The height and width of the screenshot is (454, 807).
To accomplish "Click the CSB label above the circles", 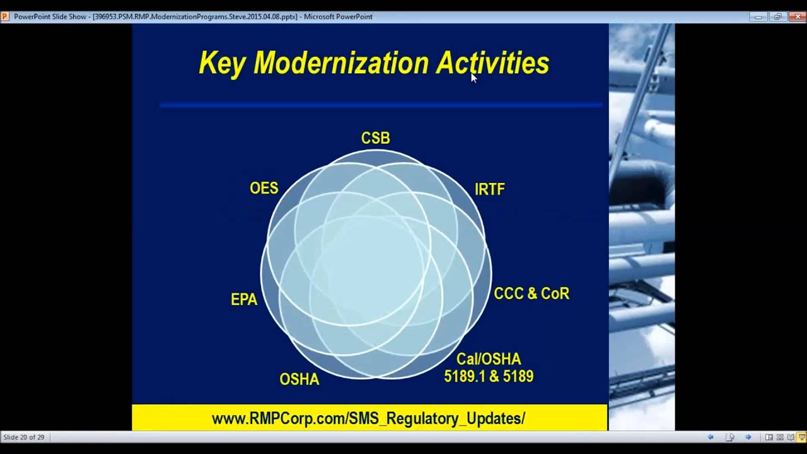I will (375, 138).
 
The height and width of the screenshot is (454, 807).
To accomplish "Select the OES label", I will (264, 189).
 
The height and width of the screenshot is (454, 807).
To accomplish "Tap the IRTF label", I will (489, 189).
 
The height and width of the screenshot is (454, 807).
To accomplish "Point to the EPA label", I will (244, 300).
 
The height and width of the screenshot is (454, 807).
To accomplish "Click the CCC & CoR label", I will (531, 294).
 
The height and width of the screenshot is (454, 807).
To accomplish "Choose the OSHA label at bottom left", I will (299, 380).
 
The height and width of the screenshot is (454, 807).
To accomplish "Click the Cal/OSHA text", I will (489, 359).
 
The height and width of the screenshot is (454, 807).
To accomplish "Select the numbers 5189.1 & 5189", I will (489, 377).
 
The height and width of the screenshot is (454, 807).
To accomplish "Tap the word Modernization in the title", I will (340, 64).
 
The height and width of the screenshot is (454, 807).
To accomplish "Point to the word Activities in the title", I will (492, 64).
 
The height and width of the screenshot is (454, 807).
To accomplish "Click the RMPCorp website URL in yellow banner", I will (368, 419).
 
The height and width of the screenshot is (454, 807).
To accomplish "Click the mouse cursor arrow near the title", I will (473, 77).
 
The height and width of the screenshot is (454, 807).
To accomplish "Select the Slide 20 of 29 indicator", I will (24, 437).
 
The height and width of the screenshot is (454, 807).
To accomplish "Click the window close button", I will (796, 17).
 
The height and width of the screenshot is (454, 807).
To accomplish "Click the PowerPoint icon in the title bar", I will (5, 17).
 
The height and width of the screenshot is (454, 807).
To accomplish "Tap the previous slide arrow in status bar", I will (711, 437).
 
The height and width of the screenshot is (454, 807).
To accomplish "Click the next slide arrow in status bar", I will (748, 437).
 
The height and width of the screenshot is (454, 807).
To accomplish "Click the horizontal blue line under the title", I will (381, 105).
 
